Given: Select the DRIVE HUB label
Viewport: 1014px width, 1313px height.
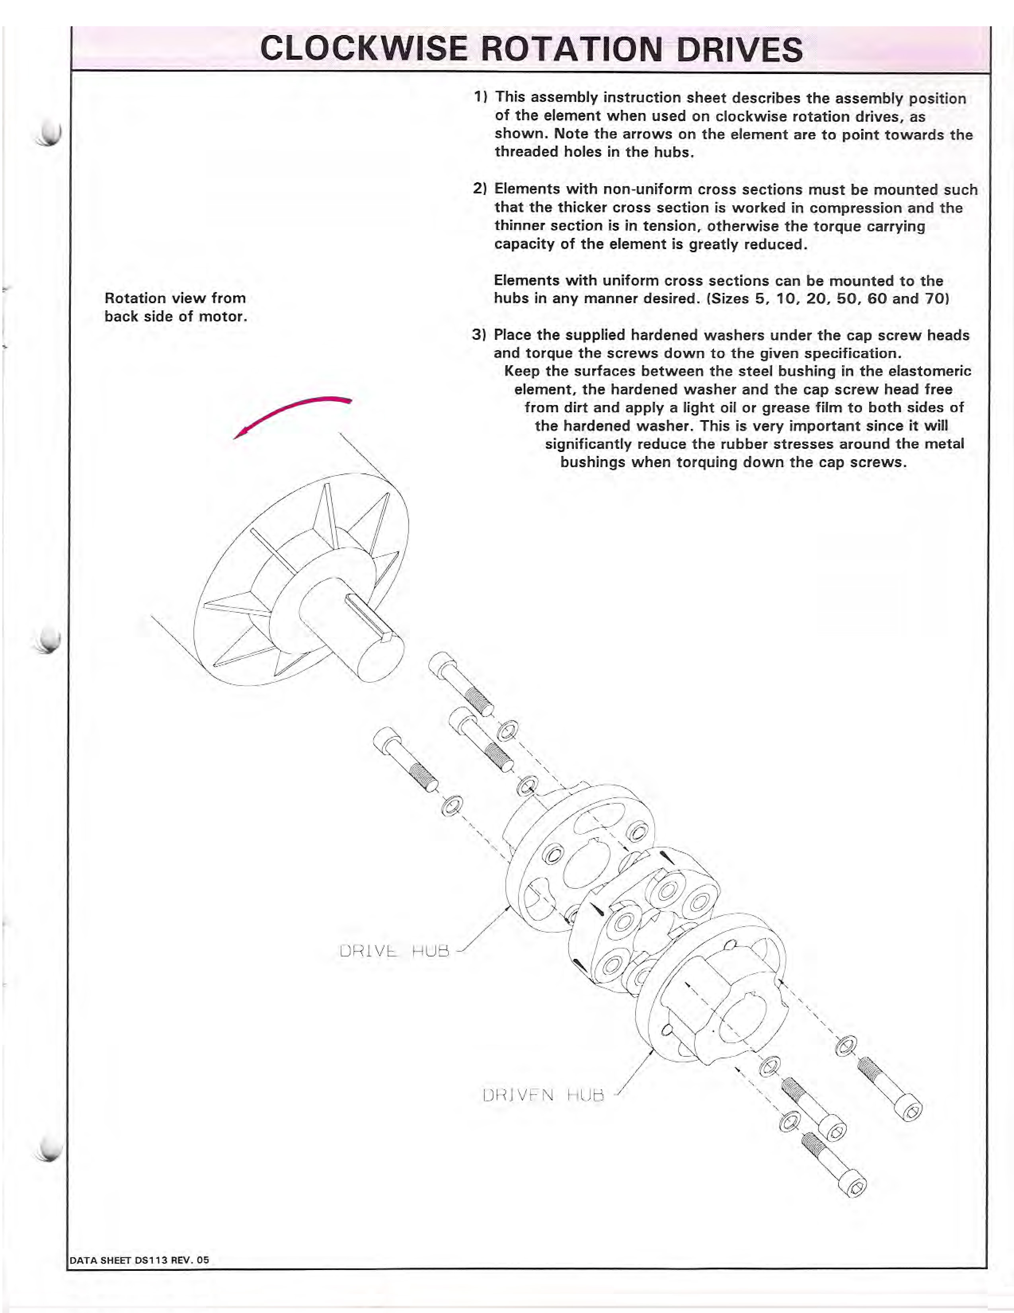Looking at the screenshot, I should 394,951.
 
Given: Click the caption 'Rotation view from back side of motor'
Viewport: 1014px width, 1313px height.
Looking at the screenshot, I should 175,307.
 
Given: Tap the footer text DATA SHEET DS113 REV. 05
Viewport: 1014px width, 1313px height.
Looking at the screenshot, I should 140,1260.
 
